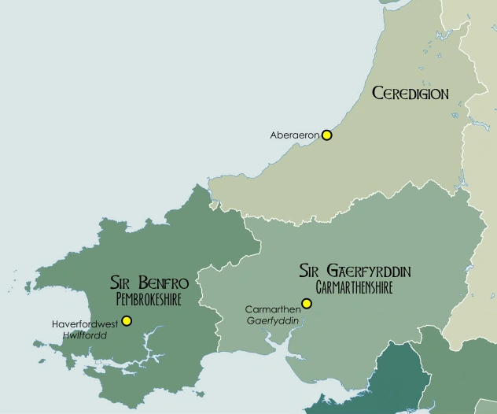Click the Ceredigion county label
[410, 94]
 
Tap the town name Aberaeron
[295, 135]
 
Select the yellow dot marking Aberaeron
[327, 135]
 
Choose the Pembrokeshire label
[149, 300]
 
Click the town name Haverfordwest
[85, 323]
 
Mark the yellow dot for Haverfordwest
[127, 321]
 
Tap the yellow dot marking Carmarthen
[307, 304]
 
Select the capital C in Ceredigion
[377, 94]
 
